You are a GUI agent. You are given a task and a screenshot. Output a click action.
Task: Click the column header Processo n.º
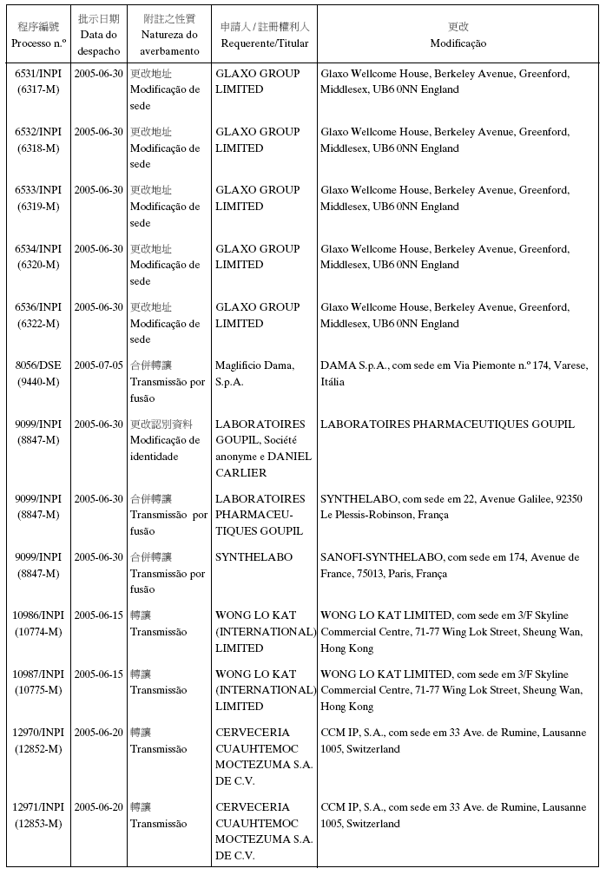tap(38, 43)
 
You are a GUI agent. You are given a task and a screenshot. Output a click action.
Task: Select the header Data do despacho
tap(98, 43)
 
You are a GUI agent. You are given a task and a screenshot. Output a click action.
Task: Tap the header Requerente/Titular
tap(265, 43)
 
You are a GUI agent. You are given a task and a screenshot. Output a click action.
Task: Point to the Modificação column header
tap(458, 43)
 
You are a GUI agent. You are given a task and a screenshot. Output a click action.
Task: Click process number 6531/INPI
tap(38, 74)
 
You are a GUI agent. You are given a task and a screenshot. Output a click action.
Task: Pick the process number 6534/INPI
tap(38, 249)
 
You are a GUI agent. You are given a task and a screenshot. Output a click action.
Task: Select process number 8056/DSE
tap(38, 365)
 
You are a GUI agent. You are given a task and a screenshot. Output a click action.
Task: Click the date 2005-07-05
tap(98, 365)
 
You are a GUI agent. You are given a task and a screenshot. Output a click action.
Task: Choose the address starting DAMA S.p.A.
tap(453, 373)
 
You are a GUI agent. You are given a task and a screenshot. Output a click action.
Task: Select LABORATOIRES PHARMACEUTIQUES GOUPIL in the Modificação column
tap(447, 424)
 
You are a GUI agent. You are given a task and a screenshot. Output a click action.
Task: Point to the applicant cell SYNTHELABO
tap(254, 557)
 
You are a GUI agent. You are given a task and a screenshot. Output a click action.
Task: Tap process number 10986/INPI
tap(38, 615)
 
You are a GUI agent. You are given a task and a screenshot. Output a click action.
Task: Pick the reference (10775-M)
tap(38, 690)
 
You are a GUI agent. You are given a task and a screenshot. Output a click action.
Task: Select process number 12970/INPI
tap(38, 733)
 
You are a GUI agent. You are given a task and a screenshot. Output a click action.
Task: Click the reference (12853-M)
tap(38, 823)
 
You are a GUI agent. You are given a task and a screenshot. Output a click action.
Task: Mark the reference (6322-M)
tap(38, 323)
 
